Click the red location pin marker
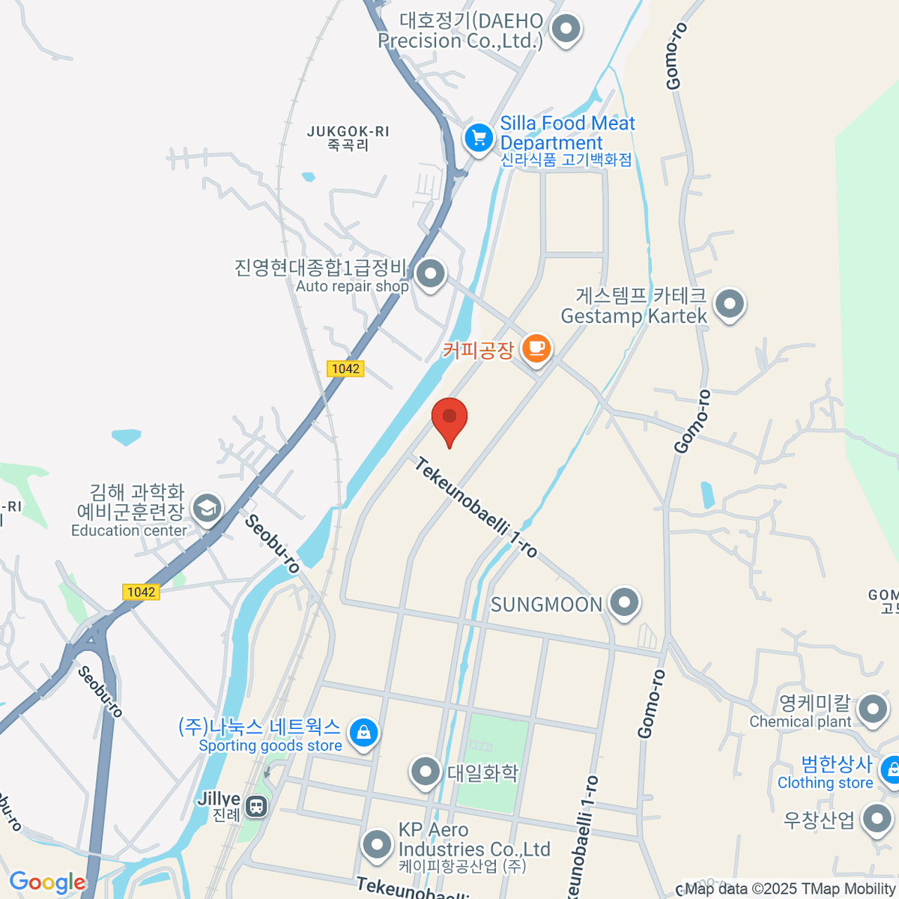click(449, 418)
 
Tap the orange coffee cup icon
click(536, 348)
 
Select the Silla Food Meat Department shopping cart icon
click(478, 138)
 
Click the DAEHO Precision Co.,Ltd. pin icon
click(566, 30)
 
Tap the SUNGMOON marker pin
click(623, 602)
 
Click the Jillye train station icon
click(256, 806)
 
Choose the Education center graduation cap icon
click(206, 509)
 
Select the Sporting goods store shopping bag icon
click(363, 732)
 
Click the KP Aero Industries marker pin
click(377, 844)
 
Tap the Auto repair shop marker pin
click(430, 274)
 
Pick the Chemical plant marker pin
click(872, 709)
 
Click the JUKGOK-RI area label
click(348, 138)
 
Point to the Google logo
click(47, 883)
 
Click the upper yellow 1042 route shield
click(345, 369)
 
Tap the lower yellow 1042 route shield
click(141, 592)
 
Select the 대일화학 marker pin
click(426, 772)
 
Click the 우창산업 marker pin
click(877, 819)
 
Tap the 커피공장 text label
click(478, 350)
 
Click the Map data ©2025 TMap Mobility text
click(790, 889)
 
